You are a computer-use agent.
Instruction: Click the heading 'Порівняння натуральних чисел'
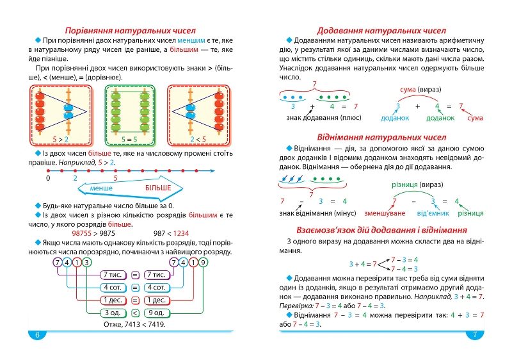click(131, 31)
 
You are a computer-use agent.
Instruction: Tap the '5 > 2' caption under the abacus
click(60, 140)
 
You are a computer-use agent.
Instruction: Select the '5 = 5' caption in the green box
click(129, 140)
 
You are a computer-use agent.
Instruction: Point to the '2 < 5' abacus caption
click(198, 140)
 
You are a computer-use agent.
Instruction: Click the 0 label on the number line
click(48, 178)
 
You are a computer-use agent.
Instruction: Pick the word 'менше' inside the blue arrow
click(101, 188)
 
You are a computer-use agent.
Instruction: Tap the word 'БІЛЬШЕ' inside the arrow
click(158, 188)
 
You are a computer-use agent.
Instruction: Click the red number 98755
click(82, 233)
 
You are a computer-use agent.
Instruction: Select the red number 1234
click(181, 233)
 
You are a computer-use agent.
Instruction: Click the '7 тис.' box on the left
click(113, 275)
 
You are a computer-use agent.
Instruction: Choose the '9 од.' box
click(156, 313)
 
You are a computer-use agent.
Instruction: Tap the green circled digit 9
click(203, 263)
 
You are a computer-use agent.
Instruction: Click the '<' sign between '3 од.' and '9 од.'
click(135, 313)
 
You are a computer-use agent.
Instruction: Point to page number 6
click(37, 334)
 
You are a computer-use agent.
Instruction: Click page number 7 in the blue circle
click(475, 334)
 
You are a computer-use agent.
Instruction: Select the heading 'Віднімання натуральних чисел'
click(381, 138)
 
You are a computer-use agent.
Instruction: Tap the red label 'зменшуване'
click(385, 213)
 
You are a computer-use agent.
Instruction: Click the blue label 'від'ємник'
click(433, 213)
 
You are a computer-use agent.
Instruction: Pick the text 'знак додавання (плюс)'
click(324, 118)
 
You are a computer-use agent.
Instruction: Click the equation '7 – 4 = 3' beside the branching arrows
click(404, 269)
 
